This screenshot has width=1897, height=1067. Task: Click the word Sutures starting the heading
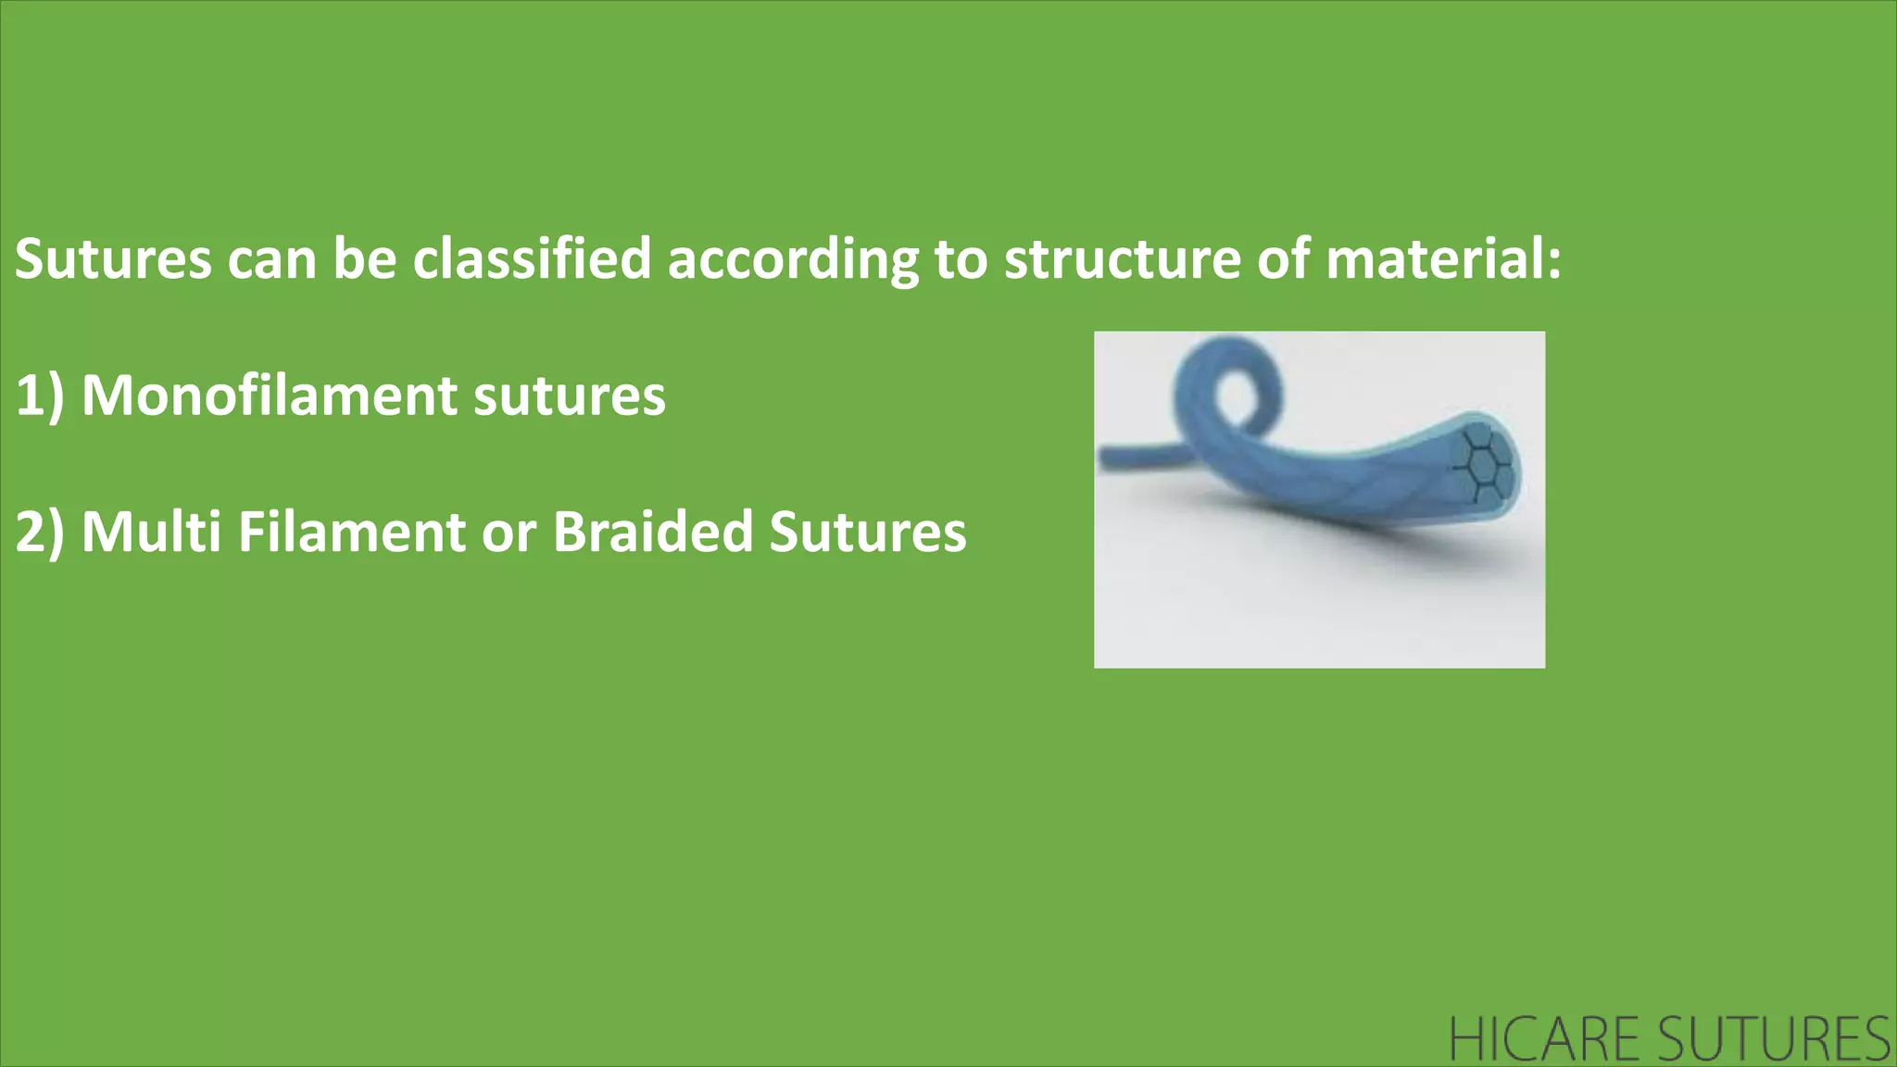point(113,259)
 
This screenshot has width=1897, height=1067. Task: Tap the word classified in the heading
point(533,259)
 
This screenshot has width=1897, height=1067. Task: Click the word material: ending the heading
point(1443,259)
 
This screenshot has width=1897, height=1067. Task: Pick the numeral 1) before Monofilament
point(40,396)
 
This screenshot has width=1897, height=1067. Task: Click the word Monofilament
point(270,396)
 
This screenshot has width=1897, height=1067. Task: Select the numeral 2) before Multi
point(40,533)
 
